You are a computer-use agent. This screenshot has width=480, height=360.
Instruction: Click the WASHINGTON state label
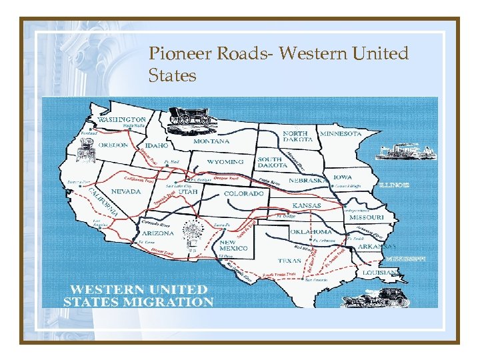(x=122, y=119)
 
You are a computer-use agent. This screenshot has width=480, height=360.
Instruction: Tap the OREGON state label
(x=113, y=145)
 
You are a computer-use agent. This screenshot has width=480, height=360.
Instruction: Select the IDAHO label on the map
(x=157, y=145)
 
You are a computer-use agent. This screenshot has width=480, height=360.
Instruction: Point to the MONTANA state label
(x=211, y=141)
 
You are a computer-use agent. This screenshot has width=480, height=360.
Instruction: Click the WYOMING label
(x=225, y=161)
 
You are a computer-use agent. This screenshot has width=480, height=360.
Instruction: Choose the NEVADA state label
(x=126, y=191)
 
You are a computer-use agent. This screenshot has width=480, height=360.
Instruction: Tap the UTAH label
(x=187, y=191)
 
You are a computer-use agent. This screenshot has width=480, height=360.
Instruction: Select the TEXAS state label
(x=290, y=261)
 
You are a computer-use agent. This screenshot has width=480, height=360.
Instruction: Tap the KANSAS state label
(x=306, y=205)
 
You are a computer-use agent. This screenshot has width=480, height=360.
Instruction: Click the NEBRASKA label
(x=308, y=181)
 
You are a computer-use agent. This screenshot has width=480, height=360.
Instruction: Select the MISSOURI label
(x=367, y=217)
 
